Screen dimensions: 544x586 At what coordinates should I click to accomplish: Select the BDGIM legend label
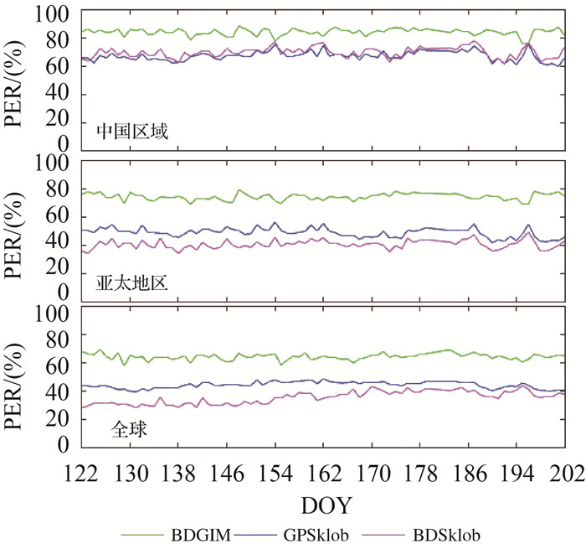[197, 533]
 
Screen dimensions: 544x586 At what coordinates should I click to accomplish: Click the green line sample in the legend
[143, 533]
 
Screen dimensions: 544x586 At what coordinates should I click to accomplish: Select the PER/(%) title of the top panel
[17, 80]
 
